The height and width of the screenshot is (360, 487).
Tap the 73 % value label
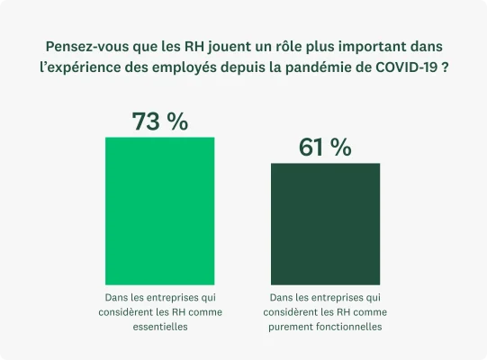pos(160,121)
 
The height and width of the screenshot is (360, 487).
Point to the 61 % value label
pos(325,148)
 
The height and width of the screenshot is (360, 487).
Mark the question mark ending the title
pos(447,69)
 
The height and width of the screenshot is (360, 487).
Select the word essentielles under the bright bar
pos(160,328)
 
